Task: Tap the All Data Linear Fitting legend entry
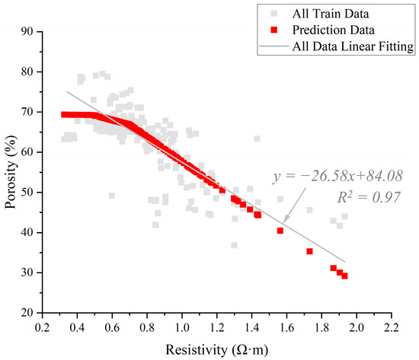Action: point(353,46)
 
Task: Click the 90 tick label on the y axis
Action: point(30,32)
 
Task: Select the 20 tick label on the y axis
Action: point(30,312)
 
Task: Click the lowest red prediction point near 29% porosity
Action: point(344,276)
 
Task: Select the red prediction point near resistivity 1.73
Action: point(309,251)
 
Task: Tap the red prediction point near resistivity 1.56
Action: point(280,231)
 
